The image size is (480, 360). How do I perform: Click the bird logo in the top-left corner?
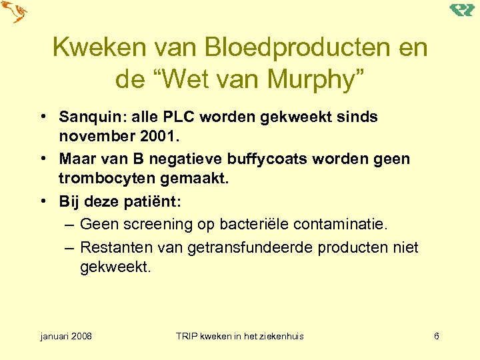coord(14,13)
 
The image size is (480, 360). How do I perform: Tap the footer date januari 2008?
coord(66,336)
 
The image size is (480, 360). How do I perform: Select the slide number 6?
coord(435,336)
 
